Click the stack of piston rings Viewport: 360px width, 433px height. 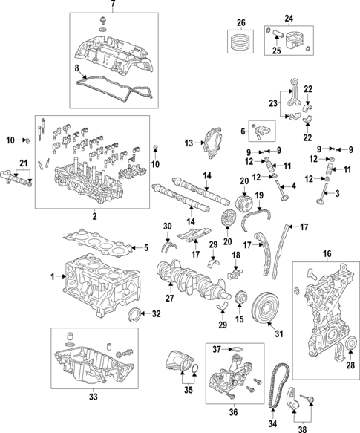[x=240, y=39]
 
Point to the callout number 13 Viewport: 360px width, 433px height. [x=189, y=143]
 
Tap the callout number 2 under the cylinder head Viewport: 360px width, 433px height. [x=95, y=216]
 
